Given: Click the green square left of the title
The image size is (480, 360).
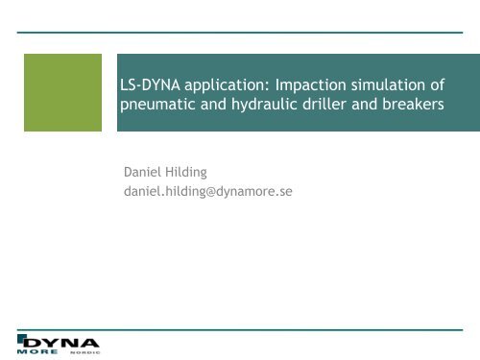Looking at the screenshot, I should pos(62,91).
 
